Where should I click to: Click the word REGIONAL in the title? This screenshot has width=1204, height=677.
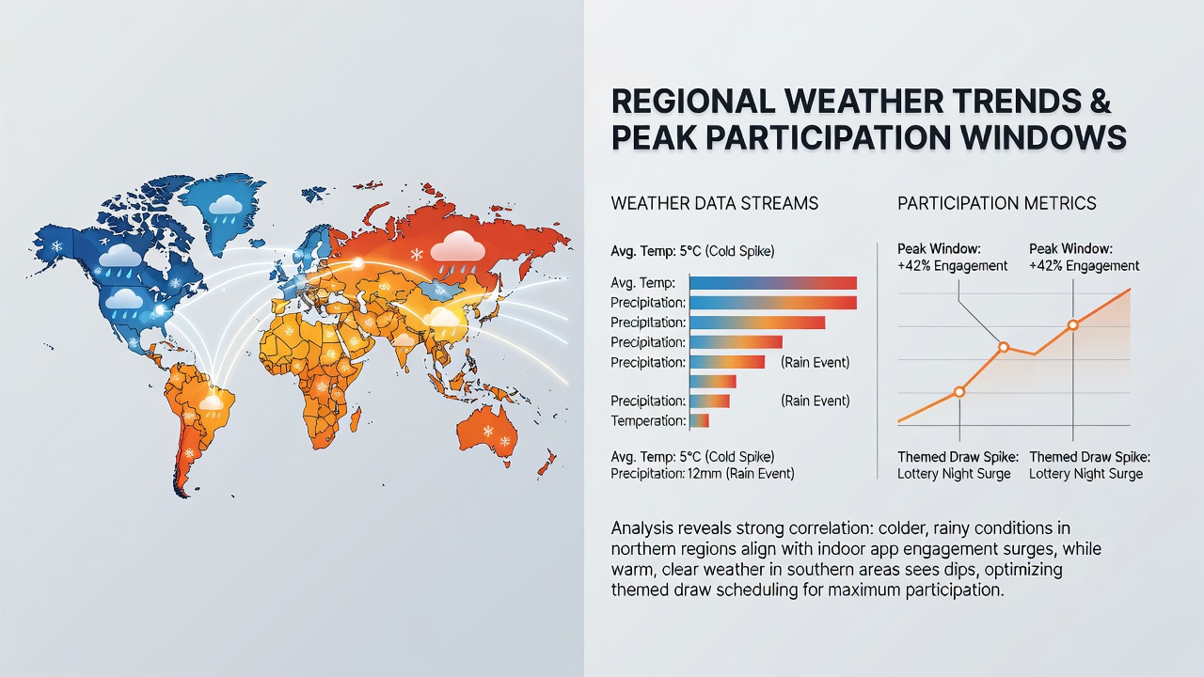click(693, 101)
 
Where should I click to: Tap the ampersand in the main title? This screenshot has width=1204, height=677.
click(1101, 101)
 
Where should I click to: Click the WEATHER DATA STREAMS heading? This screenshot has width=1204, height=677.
click(714, 203)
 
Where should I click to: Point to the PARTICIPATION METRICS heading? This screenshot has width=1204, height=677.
click(996, 203)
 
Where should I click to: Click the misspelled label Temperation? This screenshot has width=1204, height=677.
click(648, 420)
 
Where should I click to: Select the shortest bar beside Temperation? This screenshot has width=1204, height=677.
click(699, 420)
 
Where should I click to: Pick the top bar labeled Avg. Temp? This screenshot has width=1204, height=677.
click(773, 283)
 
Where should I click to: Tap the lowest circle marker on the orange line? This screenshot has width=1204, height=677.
click(959, 392)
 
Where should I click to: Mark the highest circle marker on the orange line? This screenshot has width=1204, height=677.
click(1073, 324)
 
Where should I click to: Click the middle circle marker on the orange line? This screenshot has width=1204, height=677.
click(1004, 347)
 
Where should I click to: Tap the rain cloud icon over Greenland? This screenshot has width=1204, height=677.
click(225, 209)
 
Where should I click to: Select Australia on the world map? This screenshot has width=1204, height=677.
click(487, 435)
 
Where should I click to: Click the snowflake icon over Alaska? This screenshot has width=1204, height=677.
click(55, 246)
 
